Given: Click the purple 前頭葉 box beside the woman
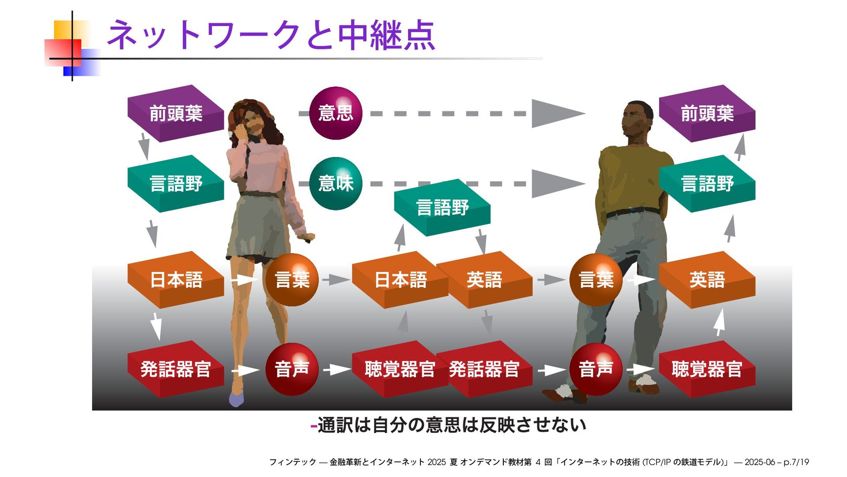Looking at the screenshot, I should [176, 113].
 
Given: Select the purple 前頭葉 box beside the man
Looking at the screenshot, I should [707, 113].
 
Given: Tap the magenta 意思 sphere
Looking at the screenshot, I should [336, 113].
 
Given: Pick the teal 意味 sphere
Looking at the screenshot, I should [336, 183].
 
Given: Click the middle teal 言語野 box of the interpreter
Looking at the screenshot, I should [442, 207].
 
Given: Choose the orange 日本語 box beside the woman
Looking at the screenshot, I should [176, 280].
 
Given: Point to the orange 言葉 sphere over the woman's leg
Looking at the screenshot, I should [292, 280].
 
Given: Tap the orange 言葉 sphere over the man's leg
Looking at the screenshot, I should [596, 280].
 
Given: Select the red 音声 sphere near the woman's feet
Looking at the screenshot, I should [292, 369].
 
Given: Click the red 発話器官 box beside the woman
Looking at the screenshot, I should [176, 369].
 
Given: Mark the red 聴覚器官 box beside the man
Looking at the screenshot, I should [707, 369].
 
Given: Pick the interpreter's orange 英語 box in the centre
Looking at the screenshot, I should [484, 280].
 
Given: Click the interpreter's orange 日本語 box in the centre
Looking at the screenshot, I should [400, 280].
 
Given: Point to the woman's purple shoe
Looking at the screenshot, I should [236, 400].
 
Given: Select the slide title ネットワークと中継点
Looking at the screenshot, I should [271, 35].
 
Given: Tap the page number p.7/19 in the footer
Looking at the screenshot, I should [796, 462].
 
